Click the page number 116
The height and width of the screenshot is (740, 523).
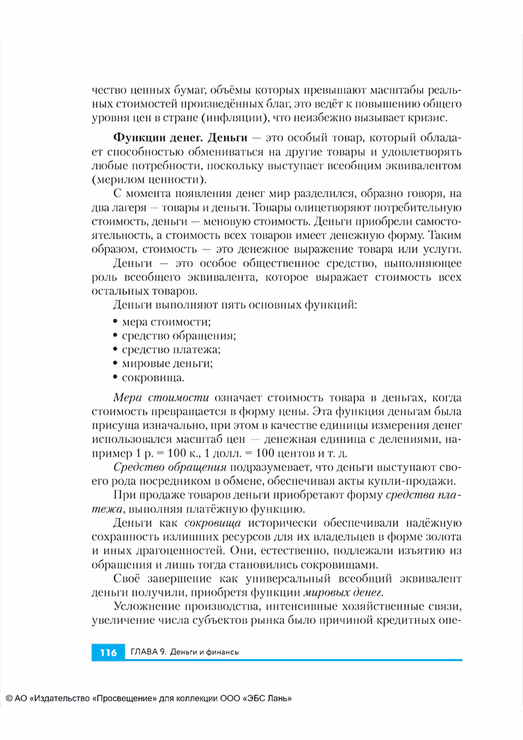click(x=108, y=652)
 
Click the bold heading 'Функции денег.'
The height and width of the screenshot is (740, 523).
click(x=150, y=138)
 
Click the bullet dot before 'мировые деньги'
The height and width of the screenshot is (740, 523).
click(x=116, y=363)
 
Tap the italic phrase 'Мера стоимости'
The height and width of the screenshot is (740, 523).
click(x=161, y=397)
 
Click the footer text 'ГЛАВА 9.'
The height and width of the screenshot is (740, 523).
click(x=148, y=652)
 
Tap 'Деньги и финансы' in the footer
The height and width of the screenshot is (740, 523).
click(x=204, y=652)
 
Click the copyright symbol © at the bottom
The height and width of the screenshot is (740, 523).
click(x=9, y=699)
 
